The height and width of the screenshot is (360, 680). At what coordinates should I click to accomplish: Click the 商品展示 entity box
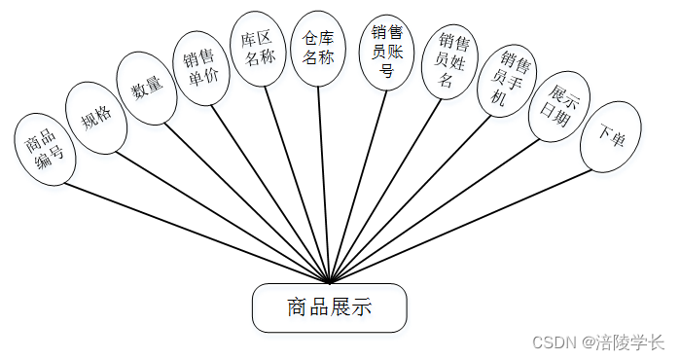point(329,307)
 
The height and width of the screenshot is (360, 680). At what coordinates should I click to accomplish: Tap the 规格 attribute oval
point(95,118)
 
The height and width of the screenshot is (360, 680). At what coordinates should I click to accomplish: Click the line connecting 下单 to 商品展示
point(460,226)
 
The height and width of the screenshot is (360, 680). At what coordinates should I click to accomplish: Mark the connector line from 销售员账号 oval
point(360,185)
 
